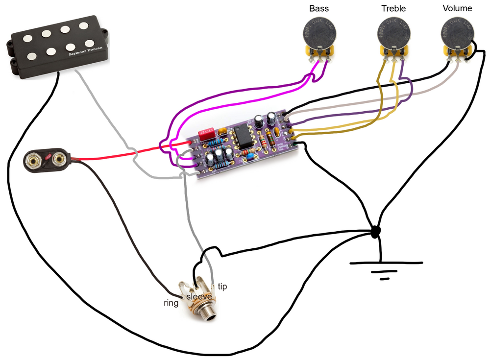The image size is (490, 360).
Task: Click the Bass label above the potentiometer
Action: [319, 9]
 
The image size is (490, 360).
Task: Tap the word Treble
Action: [393, 9]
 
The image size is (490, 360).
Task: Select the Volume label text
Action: [457, 8]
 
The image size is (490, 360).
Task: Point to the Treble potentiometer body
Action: [393, 32]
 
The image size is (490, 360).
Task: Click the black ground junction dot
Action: [375, 231]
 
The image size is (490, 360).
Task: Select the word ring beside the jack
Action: [171, 303]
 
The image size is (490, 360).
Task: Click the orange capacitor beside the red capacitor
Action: [222, 131]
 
